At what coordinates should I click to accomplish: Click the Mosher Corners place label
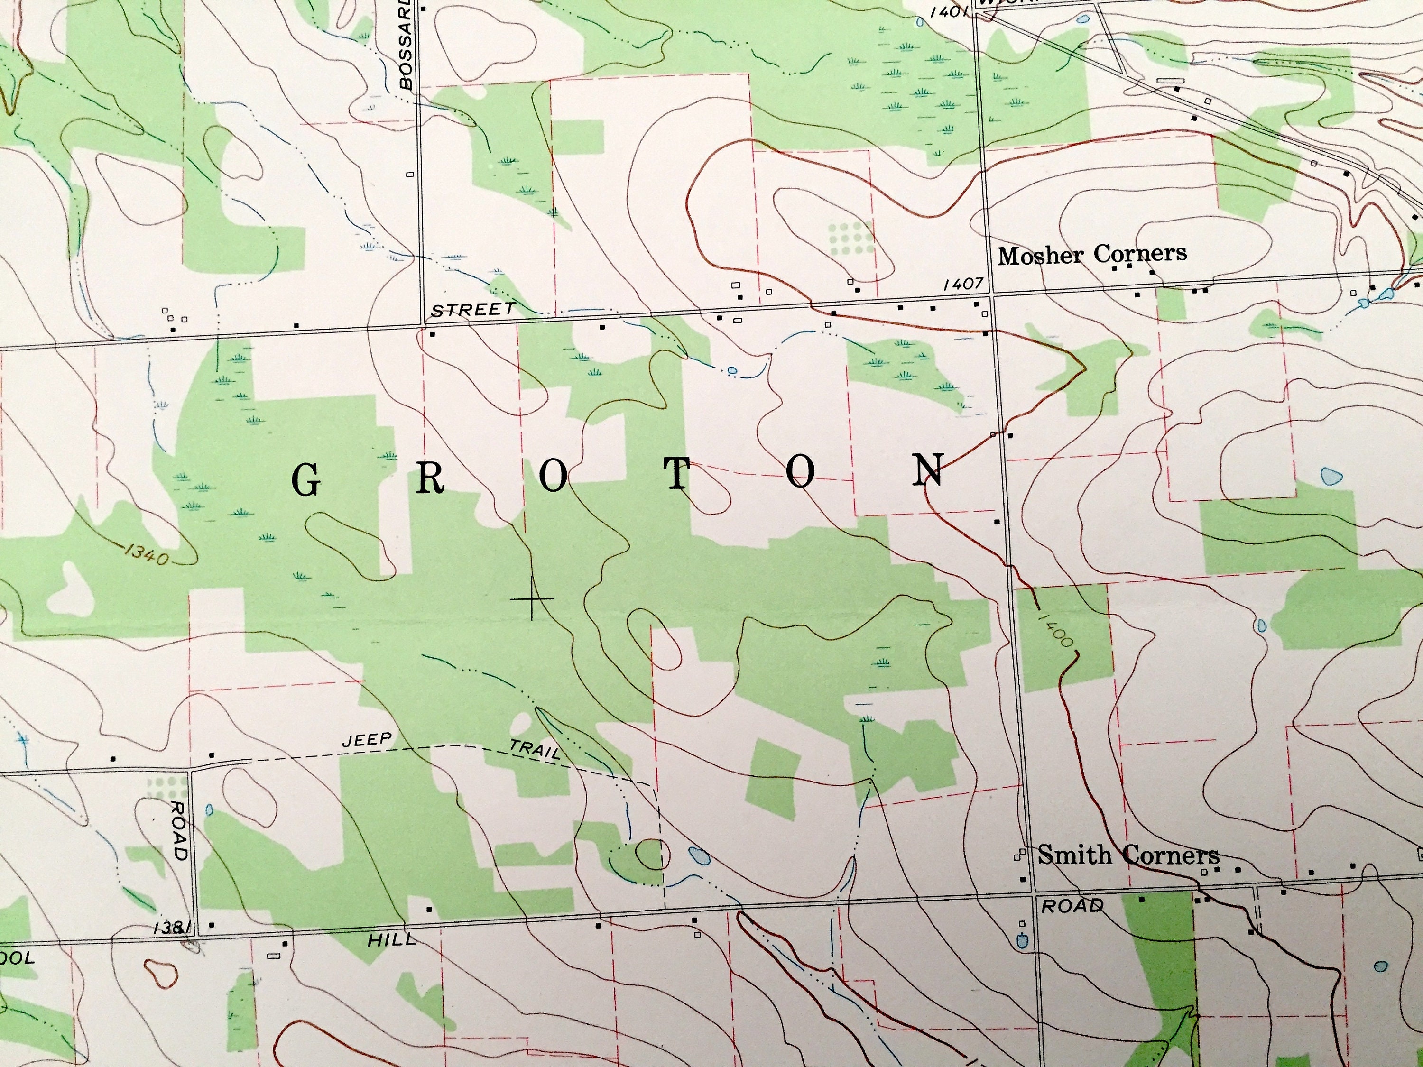click(1092, 255)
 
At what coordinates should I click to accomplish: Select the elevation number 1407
click(963, 284)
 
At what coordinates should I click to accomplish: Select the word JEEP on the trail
click(367, 740)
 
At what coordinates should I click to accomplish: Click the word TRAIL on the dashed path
click(535, 749)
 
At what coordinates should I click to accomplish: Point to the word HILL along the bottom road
click(392, 940)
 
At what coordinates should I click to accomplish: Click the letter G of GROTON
click(306, 480)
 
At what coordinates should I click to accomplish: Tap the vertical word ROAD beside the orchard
click(179, 830)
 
